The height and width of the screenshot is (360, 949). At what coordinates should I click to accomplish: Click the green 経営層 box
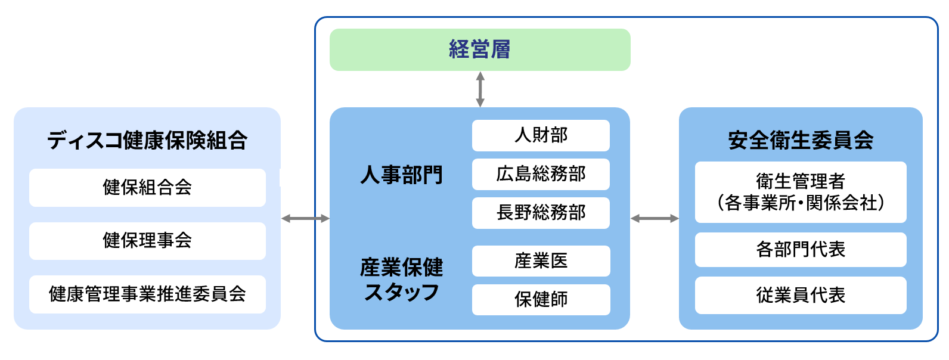(480, 49)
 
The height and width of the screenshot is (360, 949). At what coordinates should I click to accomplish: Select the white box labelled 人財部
(541, 135)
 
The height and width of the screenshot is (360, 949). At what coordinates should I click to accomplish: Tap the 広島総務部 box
(541, 174)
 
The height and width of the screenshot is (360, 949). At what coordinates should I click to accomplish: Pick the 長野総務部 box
(541, 213)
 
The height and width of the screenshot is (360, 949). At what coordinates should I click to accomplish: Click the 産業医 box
(541, 261)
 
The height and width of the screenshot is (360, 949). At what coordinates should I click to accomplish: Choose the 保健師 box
(541, 299)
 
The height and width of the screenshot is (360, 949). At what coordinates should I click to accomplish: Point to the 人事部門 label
(401, 175)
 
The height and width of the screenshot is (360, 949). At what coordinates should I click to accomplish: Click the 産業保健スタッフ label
(401, 280)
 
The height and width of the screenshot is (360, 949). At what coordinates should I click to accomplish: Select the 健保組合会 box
(147, 188)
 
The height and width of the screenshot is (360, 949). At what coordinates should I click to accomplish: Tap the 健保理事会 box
(147, 241)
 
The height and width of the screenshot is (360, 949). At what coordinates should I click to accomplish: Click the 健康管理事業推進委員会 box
(147, 294)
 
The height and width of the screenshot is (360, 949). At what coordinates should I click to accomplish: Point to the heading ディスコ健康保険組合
(147, 141)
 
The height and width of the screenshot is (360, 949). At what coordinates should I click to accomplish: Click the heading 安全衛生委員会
(801, 141)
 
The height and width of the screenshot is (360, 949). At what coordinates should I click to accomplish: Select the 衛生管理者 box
(801, 181)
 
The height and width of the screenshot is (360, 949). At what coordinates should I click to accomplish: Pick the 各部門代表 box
(801, 249)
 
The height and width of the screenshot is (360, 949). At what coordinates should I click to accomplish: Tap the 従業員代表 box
(801, 295)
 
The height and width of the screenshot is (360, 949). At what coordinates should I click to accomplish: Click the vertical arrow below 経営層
(480, 89)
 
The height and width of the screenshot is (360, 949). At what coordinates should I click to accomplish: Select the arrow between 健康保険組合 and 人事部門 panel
(305, 219)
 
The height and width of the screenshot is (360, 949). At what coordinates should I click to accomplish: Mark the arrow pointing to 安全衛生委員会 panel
(655, 219)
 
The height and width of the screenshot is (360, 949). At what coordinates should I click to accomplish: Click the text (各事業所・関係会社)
(801, 203)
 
